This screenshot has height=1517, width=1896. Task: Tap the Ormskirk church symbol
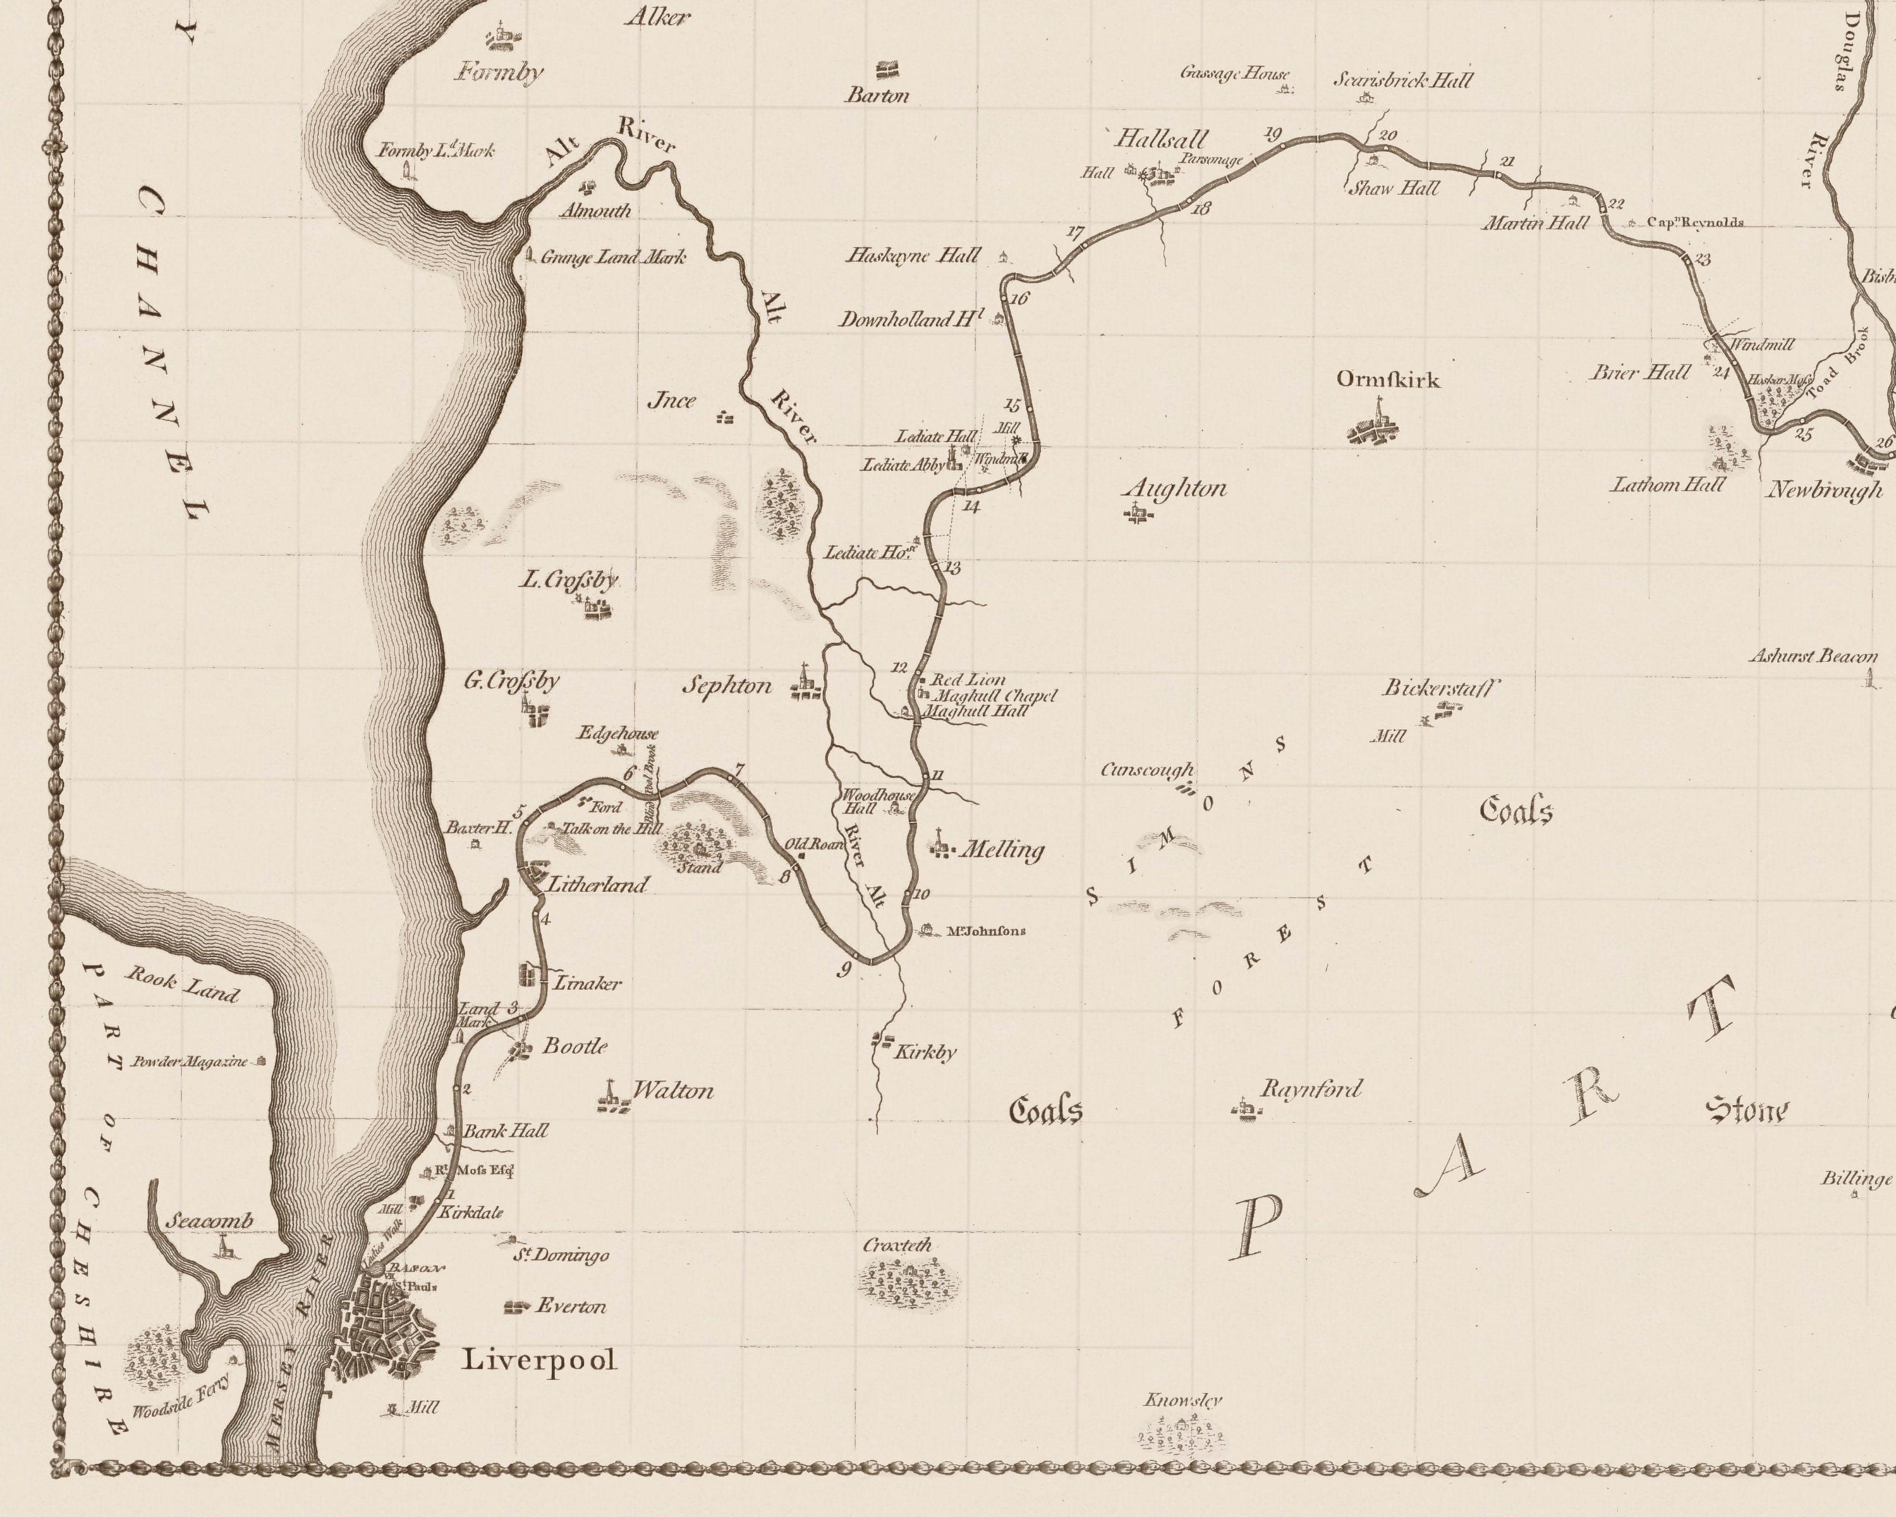[x=1375, y=425]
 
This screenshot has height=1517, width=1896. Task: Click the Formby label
[x=499, y=72]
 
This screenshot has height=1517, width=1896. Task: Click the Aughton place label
[x=1176, y=489]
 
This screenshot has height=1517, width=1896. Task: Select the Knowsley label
[x=1183, y=1400]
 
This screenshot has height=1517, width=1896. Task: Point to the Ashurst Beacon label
[x=1813, y=656]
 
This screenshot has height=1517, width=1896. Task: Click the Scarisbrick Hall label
[x=1402, y=81]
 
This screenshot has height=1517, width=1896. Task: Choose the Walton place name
[x=672, y=1092]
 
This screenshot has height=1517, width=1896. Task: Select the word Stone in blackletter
[x=1746, y=1111]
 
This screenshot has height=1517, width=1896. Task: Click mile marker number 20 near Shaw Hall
[x=1388, y=135]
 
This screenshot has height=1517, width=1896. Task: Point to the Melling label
[x=1002, y=850]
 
